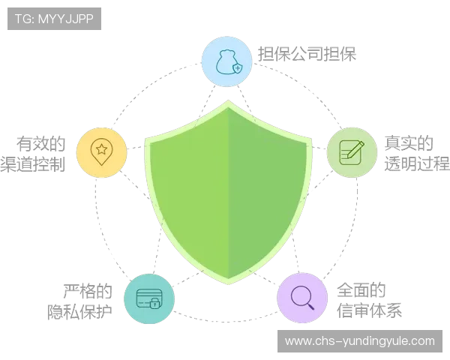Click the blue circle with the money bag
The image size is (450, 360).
coord(226,61)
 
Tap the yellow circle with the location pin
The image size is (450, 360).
coord(101,152)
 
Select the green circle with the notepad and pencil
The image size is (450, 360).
coord(352,152)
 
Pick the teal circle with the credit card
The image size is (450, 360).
coord(149,298)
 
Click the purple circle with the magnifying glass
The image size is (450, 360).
coord(302,298)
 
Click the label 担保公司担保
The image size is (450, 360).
coord(307,54)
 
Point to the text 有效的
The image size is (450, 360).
coord(41,143)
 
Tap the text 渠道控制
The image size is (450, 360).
coord(33,164)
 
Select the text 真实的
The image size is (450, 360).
coord(409,143)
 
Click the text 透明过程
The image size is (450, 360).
coord(417,164)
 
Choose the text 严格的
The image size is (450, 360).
coord(88,291)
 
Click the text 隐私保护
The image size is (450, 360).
coord(79,312)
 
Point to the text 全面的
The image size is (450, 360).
coord(361,290)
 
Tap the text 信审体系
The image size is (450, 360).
coord(369,310)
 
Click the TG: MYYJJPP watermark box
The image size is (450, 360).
coord(54,19)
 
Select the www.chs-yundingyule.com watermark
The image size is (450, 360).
coord(360,341)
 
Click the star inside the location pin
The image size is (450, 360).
coord(101,149)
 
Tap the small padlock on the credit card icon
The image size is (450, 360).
coord(155,303)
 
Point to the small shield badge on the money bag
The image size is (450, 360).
coord(237,68)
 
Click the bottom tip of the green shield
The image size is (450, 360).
coord(229,284)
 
